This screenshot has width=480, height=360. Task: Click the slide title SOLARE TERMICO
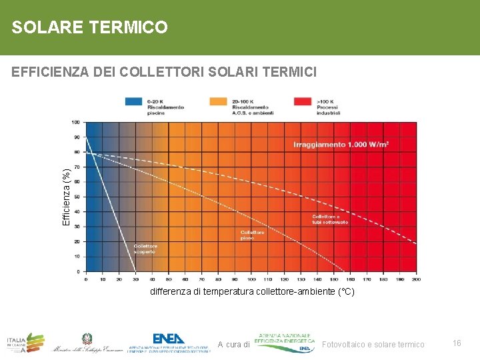[x=89, y=27]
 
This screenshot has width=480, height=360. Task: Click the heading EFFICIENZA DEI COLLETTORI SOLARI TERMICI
[x=164, y=71]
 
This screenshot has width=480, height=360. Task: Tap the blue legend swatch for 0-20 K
[x=133, y=101]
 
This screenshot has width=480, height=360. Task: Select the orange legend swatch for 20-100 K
[x=218, y=101]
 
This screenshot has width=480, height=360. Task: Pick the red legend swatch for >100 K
[x=303, y=101]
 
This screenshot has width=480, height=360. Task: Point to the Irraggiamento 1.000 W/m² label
[x=341, y=144]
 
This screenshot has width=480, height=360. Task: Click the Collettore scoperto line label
[x=145, y=249]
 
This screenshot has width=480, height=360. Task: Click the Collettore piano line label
[x=252, y=235]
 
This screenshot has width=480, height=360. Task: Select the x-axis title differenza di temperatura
[x=252, y=292]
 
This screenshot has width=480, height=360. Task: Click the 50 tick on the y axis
[x=77, y=197]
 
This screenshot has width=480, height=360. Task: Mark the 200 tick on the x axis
[x=416, y=279]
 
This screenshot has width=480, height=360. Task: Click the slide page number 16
[x=457, y=343]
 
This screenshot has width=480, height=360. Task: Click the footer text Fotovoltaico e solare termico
[x=373, y=344]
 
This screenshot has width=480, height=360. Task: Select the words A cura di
[x=233, y=345]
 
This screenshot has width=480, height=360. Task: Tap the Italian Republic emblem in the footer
[x=87, y=339]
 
